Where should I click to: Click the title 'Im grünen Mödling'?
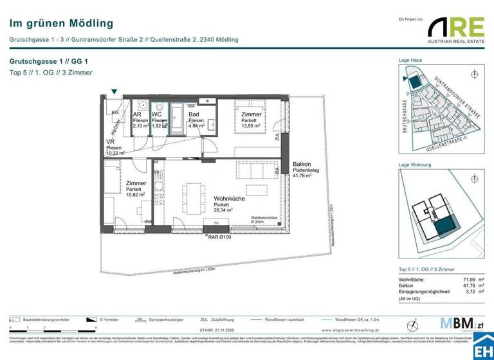61,24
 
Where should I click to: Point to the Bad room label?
193,115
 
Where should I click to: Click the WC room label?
156,115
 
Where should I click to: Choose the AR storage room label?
137,115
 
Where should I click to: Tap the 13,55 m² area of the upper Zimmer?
251,126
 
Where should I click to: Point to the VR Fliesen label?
114,147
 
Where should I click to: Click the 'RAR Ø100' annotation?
221,237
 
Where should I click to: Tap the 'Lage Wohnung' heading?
414,166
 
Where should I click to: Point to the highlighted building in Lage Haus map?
416,83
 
